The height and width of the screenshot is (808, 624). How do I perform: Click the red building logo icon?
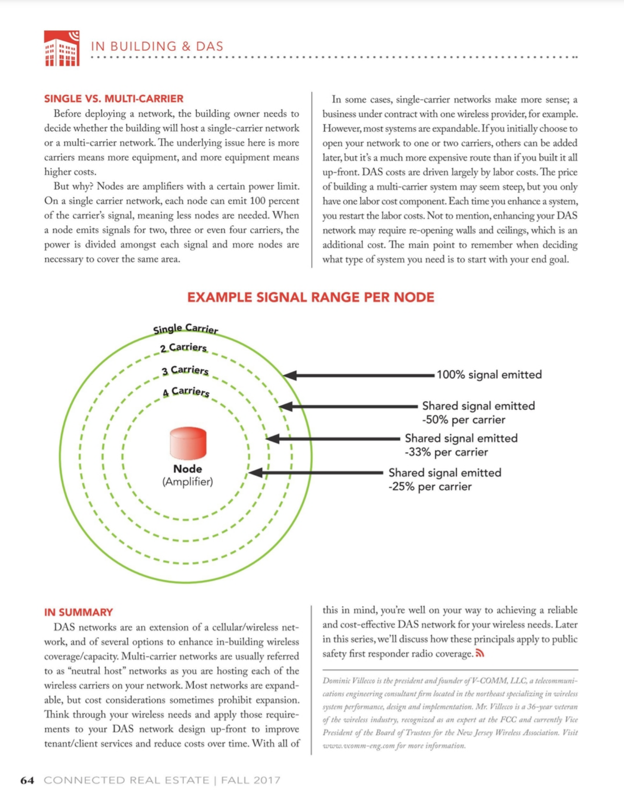tap(62, 48)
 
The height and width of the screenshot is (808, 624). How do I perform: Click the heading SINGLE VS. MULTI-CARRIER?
tap(114, 99)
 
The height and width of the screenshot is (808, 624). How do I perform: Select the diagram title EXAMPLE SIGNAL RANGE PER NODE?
tap(310, 297)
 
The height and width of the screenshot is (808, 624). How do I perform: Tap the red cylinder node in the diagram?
tap(188, 443)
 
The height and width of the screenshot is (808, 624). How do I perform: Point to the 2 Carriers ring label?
tap(183, 348)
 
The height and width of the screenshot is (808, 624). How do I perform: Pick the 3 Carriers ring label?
tap(185, 371)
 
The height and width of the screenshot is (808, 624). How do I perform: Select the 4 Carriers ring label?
tap(186, 392)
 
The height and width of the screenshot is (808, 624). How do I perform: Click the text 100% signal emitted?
tap(489, 375)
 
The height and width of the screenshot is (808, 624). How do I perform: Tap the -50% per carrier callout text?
tap(464, 420)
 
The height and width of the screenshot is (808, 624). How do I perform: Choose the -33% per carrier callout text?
tap(446, 452)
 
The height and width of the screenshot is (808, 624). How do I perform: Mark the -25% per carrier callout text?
tap(430, 487)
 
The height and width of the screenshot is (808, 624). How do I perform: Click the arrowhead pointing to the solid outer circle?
tap(290, 375)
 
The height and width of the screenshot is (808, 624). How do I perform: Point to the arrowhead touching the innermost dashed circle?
tap(255, 473)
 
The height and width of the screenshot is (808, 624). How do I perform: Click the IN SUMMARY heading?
tap(78, 612)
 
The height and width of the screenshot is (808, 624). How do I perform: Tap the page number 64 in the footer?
tap(27, 780)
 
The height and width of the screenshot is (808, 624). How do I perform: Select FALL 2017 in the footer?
tap(251, 780)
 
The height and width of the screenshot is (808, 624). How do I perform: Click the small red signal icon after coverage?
tap(480, 654)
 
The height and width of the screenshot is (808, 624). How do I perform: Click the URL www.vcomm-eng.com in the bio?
tap(352, 746)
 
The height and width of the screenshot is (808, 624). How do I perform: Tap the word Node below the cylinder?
tap(188, 469)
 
